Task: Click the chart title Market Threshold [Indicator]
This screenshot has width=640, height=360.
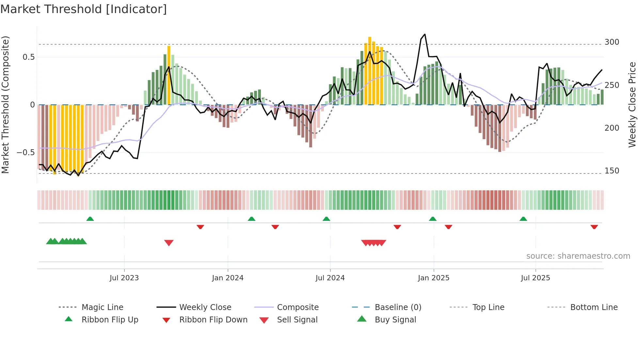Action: [84, 9]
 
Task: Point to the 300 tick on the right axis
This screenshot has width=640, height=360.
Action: [612, 42]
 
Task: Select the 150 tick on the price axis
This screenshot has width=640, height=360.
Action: [612, 171]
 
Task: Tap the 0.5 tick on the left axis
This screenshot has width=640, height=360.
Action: [28, 57]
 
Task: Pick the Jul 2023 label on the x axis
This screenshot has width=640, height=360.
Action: [124, 278]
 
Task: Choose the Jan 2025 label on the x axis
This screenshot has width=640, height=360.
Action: [433, 278]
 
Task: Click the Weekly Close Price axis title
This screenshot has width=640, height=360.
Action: [632, 105]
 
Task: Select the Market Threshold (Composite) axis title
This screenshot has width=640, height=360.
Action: [5, 105]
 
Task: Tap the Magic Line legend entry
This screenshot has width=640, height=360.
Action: [102, 307]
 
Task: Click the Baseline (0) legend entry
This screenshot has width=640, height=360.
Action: [398, 307]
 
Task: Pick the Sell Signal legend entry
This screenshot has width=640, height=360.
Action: [297, 320]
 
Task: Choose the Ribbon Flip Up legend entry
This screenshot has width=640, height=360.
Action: [110, 320]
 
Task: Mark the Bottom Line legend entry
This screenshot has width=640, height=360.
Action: [594, 307]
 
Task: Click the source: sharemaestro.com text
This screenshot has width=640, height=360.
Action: [578, 256]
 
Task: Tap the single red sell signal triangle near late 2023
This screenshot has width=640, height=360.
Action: [169, 243]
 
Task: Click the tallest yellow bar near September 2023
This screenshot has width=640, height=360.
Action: [169, 75]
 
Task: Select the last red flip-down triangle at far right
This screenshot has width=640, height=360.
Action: [594, 227]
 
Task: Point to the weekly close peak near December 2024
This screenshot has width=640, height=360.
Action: [424, 34]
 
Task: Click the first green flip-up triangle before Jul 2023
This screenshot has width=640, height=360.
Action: [90, 219]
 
